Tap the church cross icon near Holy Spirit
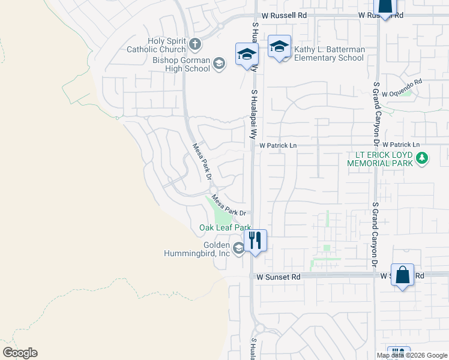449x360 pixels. click(194, 43)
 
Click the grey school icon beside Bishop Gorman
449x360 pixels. click(219, 64)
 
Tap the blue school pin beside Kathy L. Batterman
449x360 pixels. click(280, 47)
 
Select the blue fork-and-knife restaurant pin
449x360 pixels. click(255, 241)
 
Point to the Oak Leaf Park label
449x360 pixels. click(225, 228)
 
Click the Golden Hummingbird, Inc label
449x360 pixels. click(197, 249)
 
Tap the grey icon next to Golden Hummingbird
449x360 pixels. click(239, 248)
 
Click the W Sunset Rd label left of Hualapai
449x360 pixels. click(278, 277)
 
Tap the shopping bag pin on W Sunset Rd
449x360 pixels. click(403, 275)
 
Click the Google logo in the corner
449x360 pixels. click(20, 353)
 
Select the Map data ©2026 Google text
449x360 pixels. click(411, 355)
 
